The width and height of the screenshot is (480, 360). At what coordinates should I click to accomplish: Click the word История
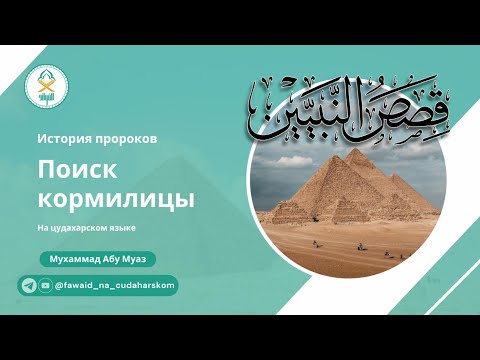[x=66, y=138]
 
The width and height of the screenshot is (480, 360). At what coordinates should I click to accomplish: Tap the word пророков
[x=126, y=138]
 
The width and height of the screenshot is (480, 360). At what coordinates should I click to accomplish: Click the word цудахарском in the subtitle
[x=84, y=228]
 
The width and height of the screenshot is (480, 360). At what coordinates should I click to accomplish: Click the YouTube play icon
[x=45, y=286]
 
